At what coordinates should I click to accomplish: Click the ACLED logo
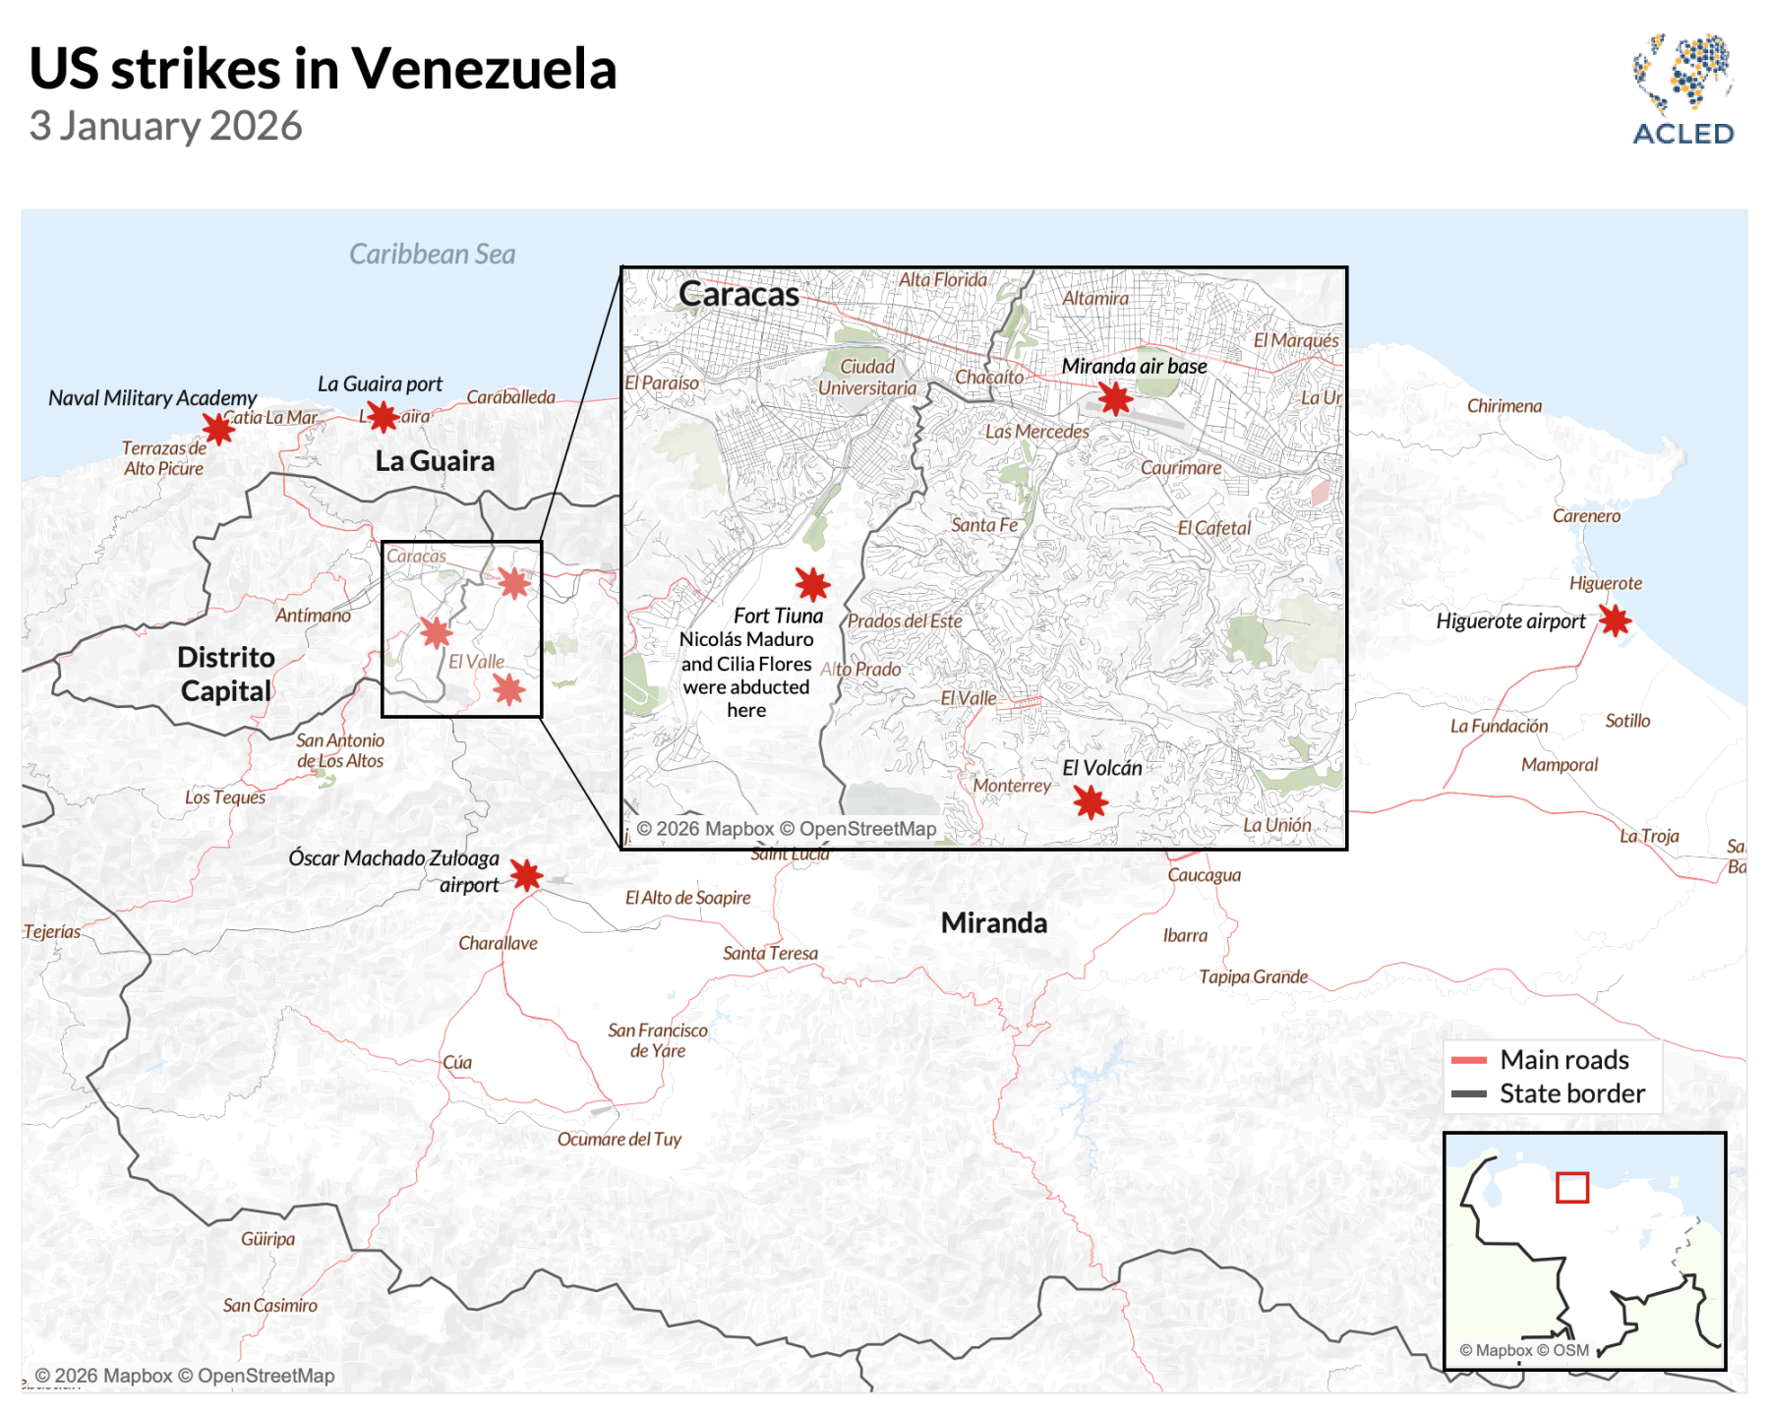(1682, 90)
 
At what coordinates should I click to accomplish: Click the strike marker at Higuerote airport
(1615, 620)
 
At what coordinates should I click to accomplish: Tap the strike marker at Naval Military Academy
(218, 428)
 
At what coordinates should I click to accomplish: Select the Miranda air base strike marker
(1115, 398)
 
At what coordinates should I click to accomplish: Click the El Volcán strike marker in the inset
(1091, 802)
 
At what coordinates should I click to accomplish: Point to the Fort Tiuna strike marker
(812, 584)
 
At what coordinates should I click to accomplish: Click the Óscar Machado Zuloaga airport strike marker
(526, 874)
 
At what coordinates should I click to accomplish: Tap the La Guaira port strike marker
(383, 417)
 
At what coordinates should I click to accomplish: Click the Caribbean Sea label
(432, 255)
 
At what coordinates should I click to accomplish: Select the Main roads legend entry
(1563, 1060)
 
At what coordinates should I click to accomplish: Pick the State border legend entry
(1570, 1093)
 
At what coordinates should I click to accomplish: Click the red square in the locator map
(1571, 1188)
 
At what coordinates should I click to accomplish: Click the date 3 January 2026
(165, 127)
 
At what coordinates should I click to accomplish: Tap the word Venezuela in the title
(484, 69)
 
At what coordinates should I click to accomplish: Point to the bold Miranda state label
(993, 923)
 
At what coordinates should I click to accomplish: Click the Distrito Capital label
(226, 674)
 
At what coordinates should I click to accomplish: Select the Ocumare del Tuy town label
(619, 1140)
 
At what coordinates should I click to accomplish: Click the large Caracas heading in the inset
(738, 294)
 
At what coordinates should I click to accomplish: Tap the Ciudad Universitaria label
(866, 378)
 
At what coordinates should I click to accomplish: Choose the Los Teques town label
(224, 797)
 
